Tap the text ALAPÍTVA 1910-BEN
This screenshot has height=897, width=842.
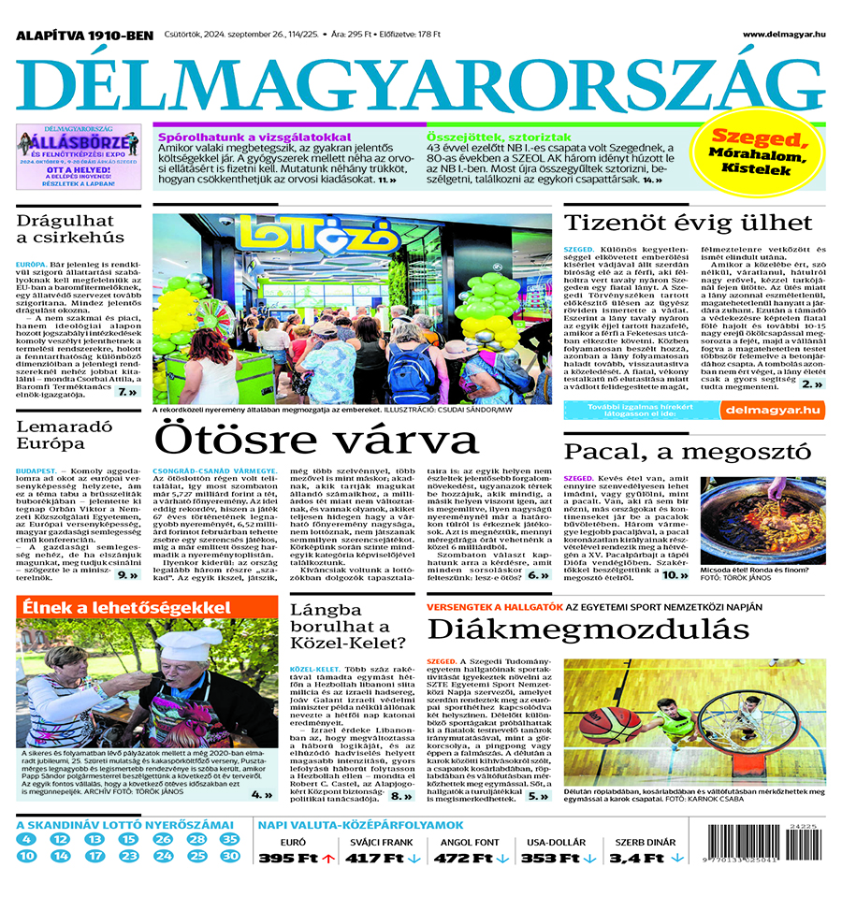point(84,36)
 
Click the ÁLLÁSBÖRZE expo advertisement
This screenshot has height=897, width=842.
point(79,156)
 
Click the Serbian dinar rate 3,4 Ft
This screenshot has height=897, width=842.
point(635,858)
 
